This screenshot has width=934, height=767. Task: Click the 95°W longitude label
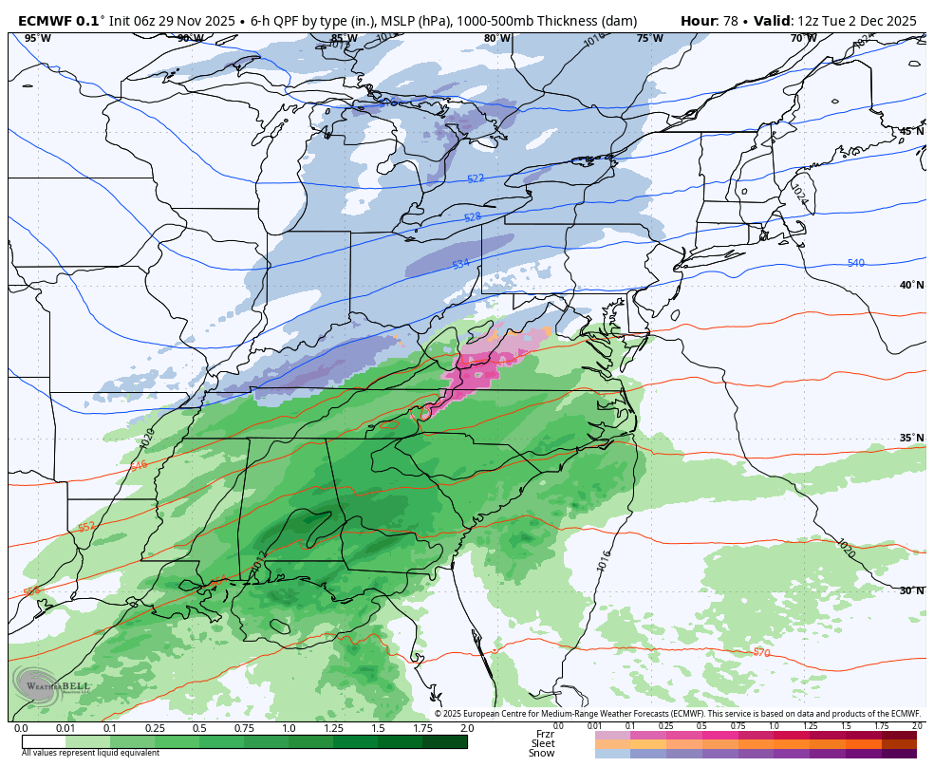pos(37,39)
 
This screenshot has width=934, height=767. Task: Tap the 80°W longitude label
pos(496,39)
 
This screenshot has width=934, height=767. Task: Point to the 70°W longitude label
pos(803,39)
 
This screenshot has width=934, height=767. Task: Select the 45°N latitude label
pos(911,131)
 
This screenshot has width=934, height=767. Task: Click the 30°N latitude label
pos(911,590)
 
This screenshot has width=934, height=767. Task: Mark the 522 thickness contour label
pos(476,179)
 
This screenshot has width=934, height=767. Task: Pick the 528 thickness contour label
pos(472,217)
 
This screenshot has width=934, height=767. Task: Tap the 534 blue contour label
pos(460,264)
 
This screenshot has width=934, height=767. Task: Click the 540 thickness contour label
pos(855,263)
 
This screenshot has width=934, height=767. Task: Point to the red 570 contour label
pos(760,653)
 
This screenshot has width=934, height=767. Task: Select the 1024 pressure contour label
pos(799,195)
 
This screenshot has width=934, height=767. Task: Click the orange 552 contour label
pos(86,527)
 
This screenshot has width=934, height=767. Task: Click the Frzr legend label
pos(545,734)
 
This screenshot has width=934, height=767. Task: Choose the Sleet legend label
pos(543,743)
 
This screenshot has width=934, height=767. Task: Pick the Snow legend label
pos(542,753)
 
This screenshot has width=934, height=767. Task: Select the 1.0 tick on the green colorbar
pos(289,728)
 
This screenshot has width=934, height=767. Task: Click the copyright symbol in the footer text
pos(439,714)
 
